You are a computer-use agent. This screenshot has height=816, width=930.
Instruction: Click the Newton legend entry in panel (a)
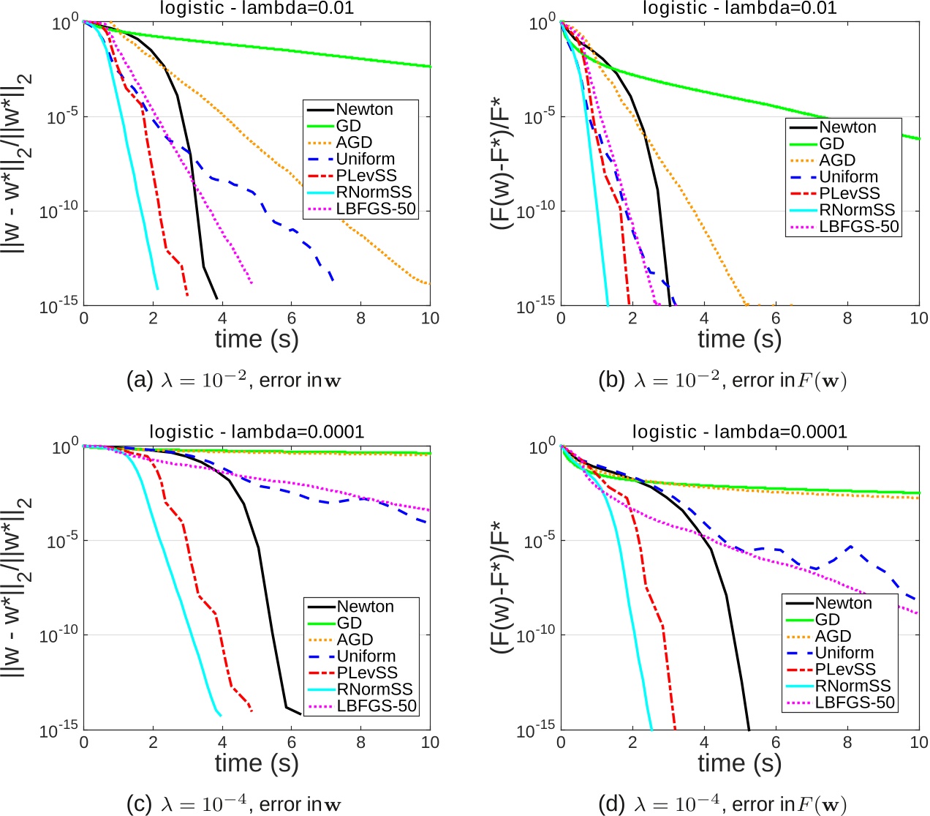[x=364, y=110]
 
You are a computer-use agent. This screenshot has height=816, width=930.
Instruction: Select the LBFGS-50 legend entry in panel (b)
[x=858, y=227]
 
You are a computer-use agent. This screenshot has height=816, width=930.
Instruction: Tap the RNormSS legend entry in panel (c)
[x=374, y=689]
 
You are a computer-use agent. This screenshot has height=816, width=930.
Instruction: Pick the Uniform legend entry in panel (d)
[x=844, y=653]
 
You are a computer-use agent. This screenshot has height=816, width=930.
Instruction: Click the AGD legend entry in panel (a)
[x=354, y=143]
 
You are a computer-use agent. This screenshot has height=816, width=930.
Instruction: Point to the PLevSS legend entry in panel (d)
[x=845, y=670]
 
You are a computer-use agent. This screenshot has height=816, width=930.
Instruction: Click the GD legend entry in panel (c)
[x=349, y=623]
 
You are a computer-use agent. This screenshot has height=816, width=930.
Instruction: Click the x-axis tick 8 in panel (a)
[x=361, y=318]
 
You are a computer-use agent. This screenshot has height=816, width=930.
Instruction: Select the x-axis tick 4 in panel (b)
[x=704, y=318]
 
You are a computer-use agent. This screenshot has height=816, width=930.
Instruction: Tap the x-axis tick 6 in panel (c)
[x=292, y=743]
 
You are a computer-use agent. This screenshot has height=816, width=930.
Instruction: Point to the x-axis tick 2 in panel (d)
[x=632, y=743]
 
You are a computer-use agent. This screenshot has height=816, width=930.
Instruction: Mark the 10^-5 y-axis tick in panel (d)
[x=539, y=541]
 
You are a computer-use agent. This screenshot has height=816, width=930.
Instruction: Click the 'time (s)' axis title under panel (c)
[x=257, y=763]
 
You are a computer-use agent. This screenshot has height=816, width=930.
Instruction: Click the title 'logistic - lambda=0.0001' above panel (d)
[x=739, y=432]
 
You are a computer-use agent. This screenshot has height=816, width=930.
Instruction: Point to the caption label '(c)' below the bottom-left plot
[x=138, y=805]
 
